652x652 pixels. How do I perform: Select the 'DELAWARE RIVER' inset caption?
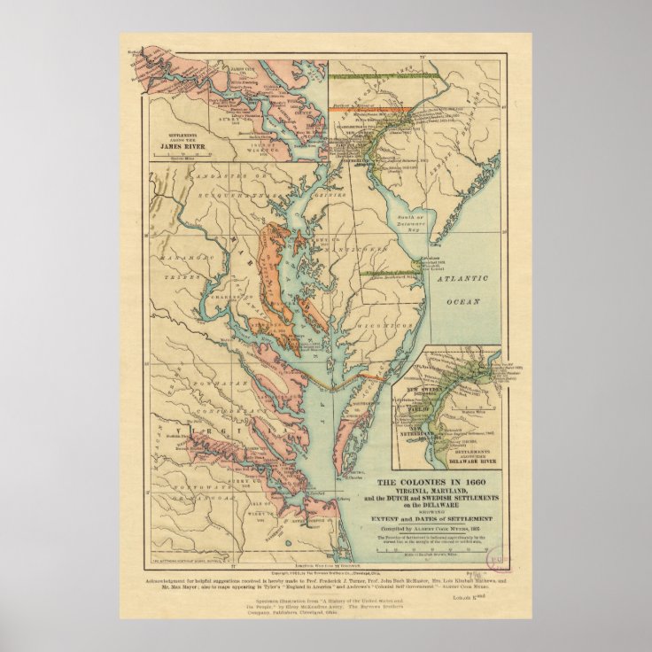click(457, 462)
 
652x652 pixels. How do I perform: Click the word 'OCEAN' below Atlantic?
click(462, 301)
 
